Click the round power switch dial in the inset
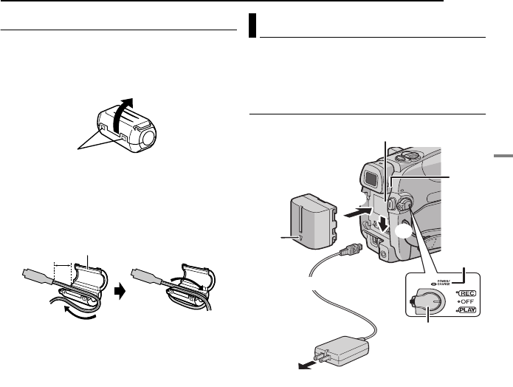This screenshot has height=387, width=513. click(425, 301)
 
